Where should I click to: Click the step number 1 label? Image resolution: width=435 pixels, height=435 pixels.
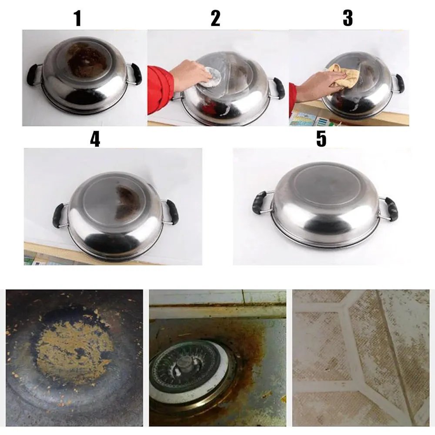coord(78,18)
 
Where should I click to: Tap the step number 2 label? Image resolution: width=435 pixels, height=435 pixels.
coord(216,18)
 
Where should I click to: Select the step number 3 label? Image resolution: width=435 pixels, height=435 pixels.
coord(348,18)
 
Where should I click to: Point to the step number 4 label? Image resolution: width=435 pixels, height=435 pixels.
coord(95,139)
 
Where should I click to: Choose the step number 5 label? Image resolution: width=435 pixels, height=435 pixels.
coord(321,139)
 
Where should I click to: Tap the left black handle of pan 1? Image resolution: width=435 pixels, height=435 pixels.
coord(33,75)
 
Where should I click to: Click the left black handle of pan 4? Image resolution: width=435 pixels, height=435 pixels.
coord(59,216)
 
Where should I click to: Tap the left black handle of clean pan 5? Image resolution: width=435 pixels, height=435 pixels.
coord(260,202)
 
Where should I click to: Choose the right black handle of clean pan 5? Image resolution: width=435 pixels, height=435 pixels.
coord(391,209)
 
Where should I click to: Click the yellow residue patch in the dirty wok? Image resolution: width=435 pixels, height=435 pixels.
coord(75,350)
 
